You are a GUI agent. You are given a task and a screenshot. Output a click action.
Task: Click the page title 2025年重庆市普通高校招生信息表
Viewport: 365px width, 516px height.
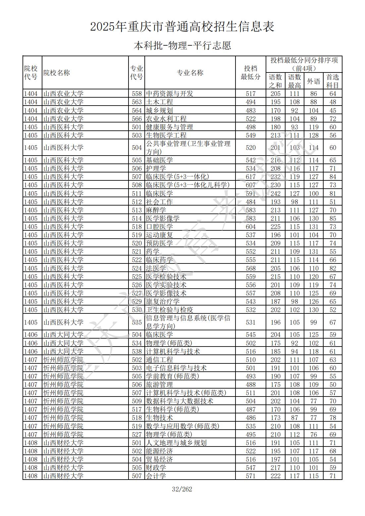click(182, 26)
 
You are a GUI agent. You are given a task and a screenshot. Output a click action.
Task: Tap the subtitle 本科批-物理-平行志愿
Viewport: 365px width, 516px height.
click(182, 45)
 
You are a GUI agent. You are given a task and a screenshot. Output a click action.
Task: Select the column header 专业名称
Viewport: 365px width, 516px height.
click(190, 73)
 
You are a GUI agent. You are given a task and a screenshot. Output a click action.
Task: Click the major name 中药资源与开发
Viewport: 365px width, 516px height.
click(169, 94)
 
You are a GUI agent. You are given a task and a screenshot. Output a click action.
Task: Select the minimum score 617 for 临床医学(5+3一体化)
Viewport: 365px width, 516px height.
click(251, 177)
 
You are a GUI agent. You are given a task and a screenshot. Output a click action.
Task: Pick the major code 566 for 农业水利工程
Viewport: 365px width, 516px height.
click(136, 118)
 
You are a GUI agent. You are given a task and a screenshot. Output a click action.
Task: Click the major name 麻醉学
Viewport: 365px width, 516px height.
click(156, 210)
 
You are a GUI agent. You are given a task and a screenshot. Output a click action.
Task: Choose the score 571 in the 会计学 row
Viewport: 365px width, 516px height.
click(251, 476)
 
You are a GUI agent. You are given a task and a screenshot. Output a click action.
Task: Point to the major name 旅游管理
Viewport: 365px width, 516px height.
click(159, 385)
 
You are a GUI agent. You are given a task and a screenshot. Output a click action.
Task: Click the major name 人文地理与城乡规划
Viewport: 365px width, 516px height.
click(176, 443)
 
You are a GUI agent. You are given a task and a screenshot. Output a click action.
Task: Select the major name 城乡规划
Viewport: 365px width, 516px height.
click(159, 110)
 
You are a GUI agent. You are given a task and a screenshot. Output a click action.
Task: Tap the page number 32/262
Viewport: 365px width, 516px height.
click(182, 489)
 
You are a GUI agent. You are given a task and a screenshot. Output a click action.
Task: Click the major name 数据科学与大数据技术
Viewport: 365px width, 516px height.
click(180, 401)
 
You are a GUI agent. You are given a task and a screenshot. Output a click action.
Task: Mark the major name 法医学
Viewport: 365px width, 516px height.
click(156, 268)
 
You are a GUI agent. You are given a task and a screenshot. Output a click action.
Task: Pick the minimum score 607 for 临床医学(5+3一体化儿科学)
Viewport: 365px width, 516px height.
click(251, 185)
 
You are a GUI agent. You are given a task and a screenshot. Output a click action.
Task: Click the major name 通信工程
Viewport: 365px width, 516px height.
click(159, 360)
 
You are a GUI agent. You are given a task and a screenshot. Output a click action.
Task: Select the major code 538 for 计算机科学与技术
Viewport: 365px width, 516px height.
click(136, 352)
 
